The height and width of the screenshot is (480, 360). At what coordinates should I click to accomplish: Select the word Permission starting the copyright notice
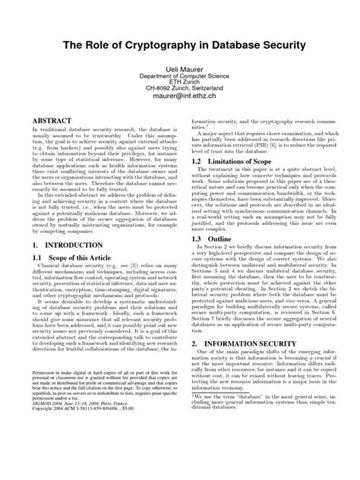pyautogui.click(x=48, y=417)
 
